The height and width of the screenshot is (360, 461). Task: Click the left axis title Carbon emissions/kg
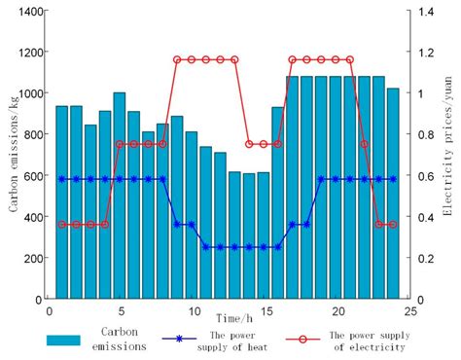pos(13,155)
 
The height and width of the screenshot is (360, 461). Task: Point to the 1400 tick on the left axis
pos(31,11)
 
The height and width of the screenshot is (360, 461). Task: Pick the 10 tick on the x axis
pos(192,311)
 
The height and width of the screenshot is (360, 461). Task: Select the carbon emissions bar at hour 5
pos(120,196)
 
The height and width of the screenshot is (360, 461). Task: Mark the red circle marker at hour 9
pos(177,59)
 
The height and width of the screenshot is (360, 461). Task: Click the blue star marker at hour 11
pos(206,247)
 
